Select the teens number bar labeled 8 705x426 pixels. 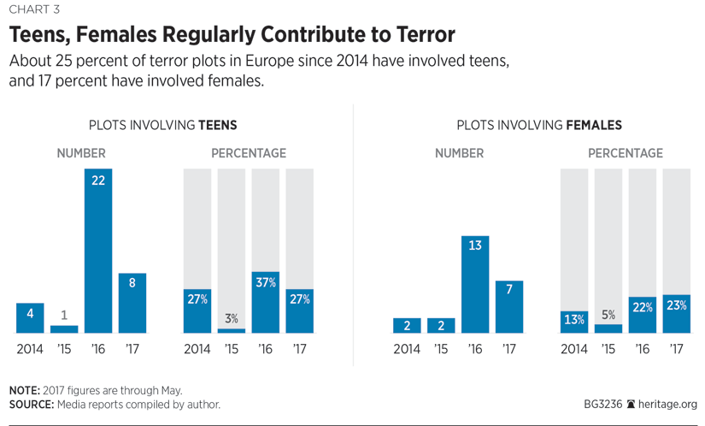point(132,303)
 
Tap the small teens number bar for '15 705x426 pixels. point(64,328)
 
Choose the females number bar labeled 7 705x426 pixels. point(509,306)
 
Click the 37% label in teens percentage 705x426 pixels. point(266,282)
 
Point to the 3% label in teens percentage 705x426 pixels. point(232,319)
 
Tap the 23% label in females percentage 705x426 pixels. point(677,305)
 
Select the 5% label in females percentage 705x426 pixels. point(608,315)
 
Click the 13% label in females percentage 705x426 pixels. point(574,320)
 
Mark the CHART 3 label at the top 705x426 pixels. point(36,9)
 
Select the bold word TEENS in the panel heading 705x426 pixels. point(217,125)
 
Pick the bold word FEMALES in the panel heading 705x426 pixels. point(594,125)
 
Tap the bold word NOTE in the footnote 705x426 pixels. point(22,390)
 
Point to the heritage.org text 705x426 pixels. point(667,405)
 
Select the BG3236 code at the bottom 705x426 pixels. point(601,405)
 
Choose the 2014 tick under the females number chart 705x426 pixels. point(407,349)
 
